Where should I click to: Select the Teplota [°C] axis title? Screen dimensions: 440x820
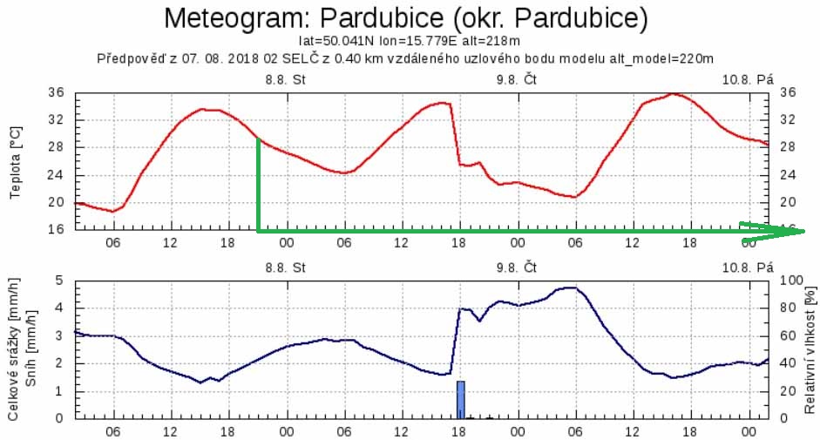tap(15, 161)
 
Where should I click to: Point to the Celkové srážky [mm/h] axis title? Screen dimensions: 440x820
tap(15, 349)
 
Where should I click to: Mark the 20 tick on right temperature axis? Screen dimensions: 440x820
tap(788, 202)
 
